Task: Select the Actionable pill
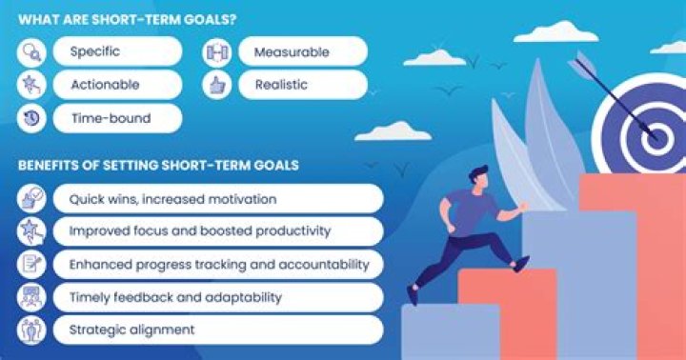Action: click(105, 85)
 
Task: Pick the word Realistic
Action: click(281, 85)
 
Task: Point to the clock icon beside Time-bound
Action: click(31, 118)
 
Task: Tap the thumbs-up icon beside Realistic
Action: click(217, 85)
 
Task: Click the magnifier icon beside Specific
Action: click(31, 51)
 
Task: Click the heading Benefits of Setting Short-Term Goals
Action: click(158, 165)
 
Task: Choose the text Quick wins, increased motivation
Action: click(172, 199)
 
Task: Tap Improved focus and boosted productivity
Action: click(198, 231)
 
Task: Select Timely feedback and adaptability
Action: click(175, 297)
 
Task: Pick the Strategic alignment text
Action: click(131, 330)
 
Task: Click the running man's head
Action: click(480, 178)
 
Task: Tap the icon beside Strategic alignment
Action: click(31, 330)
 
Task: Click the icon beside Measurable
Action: click(217, 51)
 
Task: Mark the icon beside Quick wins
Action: click(31, 199)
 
